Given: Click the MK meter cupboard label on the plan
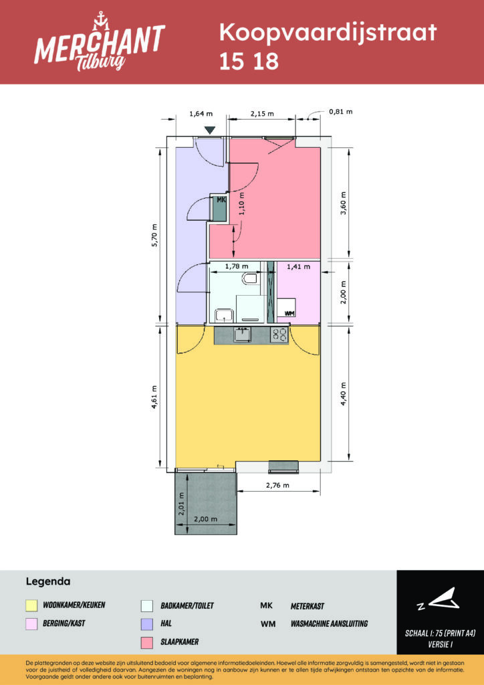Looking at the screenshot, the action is pos(221,200).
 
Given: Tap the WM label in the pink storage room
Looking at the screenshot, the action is pos(289,313).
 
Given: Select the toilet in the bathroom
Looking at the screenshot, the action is pos(251,278).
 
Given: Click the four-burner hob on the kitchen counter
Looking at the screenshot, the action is pos(279,335).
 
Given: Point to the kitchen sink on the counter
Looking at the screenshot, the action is pos(242,334).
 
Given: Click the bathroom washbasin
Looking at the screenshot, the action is pos(225,314).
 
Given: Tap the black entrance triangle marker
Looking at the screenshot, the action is pos(211,130).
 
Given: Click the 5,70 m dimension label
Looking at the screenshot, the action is pos(154,235).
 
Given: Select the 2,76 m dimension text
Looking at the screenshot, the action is pos(277,485).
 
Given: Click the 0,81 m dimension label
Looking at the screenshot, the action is pos(340,112).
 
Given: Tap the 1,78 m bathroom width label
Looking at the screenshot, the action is pos(236,266).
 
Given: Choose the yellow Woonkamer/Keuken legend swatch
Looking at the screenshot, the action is pos(31,606).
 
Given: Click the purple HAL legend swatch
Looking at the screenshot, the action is pos(147,624).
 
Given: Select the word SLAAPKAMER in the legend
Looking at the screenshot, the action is pos(180,642).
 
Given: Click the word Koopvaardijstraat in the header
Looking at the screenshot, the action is pos(328,33).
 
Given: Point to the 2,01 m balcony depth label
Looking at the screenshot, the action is pos(180,504).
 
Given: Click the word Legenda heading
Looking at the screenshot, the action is pos(48,582).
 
